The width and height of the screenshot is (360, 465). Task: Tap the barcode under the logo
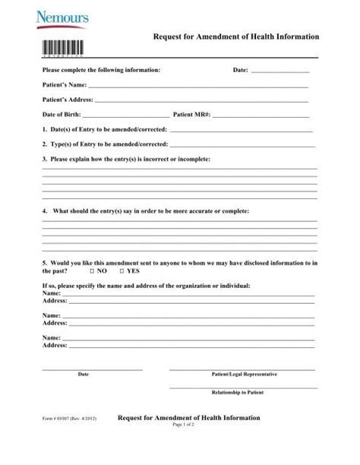(61, 44)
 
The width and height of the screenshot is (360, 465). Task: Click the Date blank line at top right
(279, 71)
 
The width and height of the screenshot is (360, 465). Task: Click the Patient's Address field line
(201, 101)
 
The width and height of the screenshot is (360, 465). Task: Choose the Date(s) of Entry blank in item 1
(243, 131)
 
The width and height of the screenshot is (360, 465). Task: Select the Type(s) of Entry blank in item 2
(243, 145)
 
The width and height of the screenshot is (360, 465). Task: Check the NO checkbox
(92, 270)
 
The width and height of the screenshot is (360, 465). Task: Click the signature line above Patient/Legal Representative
(243, 369)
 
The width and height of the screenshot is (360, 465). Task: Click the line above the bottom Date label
(92, 369)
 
